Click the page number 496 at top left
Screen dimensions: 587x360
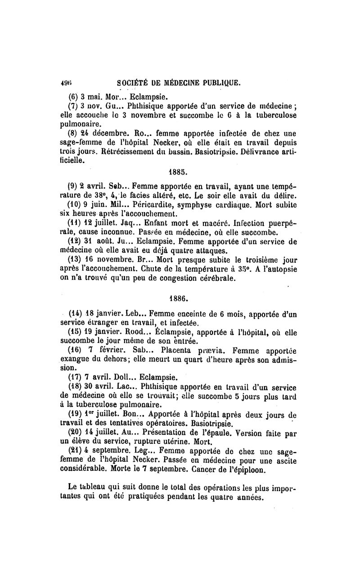66,83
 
